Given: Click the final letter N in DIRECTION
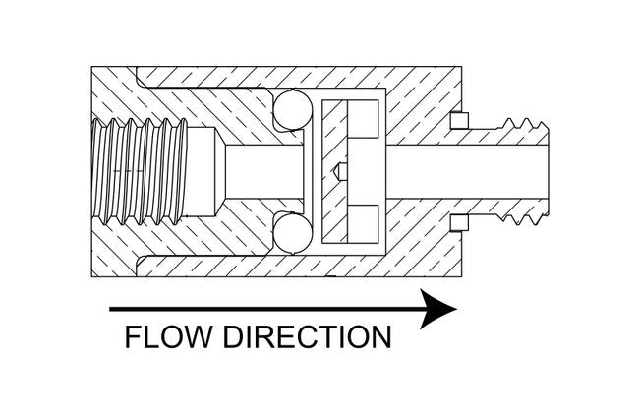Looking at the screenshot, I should pos(380,336).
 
